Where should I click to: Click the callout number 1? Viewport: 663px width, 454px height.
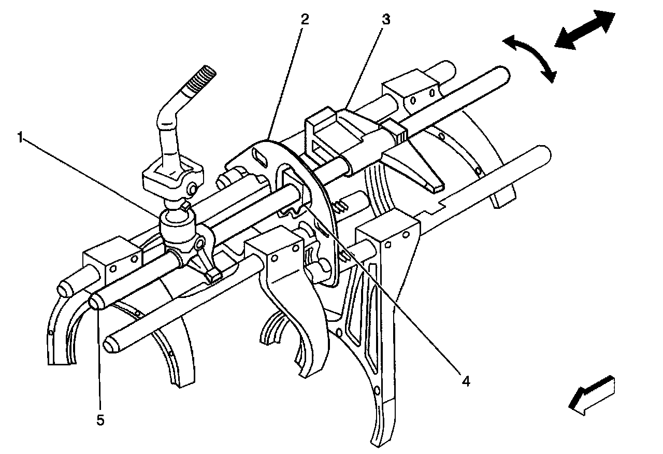click(20, 138)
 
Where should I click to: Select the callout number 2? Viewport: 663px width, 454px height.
click(305, 20)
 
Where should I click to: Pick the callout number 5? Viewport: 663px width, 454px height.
click(100, 420)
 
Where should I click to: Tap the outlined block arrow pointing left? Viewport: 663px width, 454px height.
click(592, 395)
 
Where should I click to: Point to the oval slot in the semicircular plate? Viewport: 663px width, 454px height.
click(260, 157)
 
